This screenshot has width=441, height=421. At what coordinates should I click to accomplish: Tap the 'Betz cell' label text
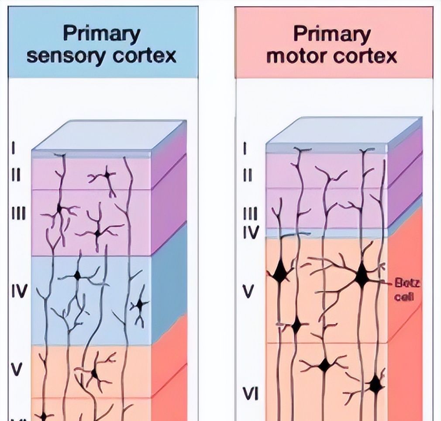click(407, 290)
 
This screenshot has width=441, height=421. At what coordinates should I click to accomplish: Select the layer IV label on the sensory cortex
click(19, 291)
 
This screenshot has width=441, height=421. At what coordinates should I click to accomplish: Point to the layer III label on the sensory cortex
click(19, 213)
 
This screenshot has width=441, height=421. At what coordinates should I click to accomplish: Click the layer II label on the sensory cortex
click(17, 175)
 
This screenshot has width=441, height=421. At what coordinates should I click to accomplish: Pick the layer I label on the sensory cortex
click(14, 148)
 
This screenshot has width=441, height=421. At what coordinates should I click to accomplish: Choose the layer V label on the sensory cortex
click(17, 369)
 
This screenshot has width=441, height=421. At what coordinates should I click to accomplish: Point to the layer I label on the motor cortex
click(245, 148)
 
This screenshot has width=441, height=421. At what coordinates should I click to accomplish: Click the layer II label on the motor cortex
click(247, 175)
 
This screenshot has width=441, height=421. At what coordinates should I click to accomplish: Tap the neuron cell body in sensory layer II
click(107, 175)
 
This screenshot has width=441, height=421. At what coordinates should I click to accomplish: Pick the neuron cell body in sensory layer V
click(94, 373)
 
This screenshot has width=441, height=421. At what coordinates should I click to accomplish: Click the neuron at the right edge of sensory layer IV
click(140, 305)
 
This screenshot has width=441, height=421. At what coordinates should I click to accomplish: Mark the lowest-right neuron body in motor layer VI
click(375, 385)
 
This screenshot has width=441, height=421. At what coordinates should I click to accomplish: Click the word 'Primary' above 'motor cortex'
click(331, 34)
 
